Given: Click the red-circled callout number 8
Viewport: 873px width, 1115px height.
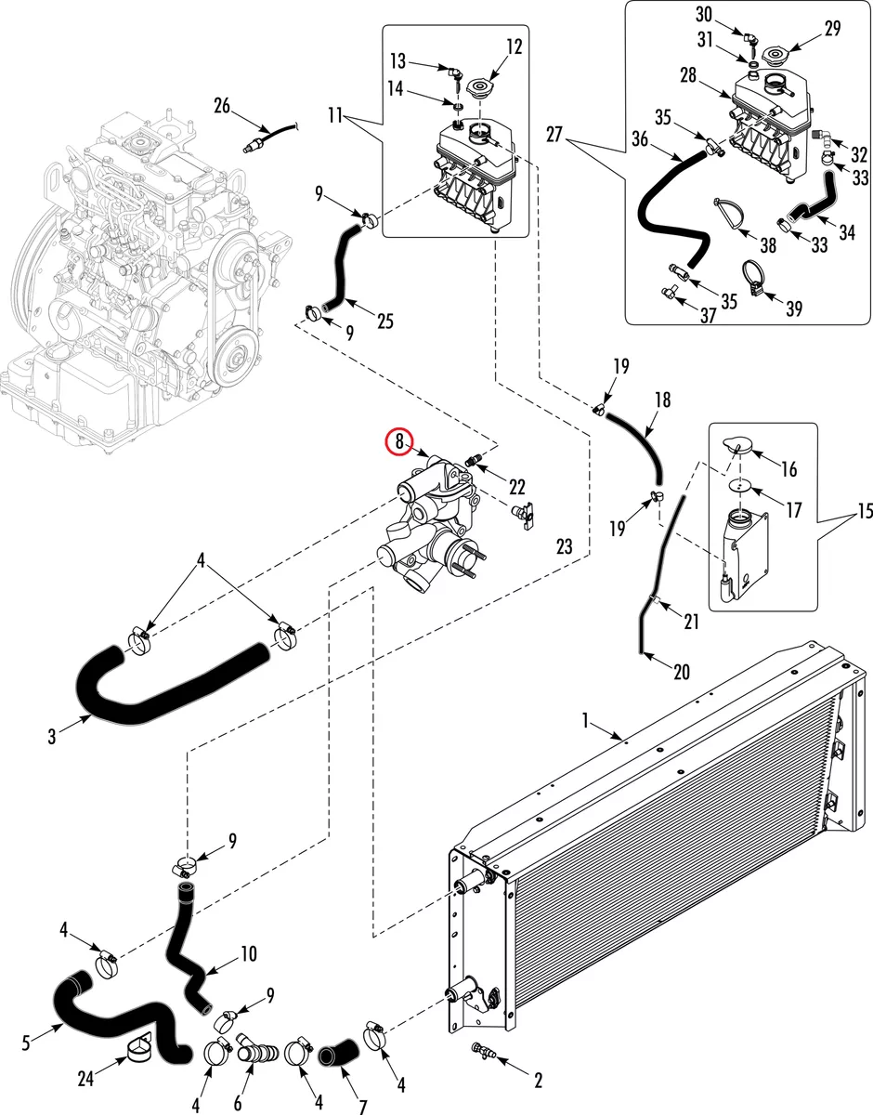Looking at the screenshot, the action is click(x=399, y=440).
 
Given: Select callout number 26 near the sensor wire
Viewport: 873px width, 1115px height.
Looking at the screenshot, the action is click(x=222, y=107).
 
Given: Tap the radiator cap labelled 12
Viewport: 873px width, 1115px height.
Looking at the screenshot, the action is click(x=480, y=85).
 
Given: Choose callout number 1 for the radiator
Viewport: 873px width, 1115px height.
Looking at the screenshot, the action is click(x=586, y=721).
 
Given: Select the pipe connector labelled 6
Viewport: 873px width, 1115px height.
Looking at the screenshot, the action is click(x=256, y=1049).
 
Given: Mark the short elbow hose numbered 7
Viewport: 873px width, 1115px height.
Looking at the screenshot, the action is click(x=337, y=1052).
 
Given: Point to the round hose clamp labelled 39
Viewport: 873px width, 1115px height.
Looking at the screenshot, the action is click(x=754, y=278).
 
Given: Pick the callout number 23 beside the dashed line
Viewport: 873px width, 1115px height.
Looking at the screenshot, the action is click(x=564, y=546).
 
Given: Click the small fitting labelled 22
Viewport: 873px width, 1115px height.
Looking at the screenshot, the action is click(x=473, y=459).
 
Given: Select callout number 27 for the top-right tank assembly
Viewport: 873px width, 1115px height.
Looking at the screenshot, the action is click(x=554, y=135).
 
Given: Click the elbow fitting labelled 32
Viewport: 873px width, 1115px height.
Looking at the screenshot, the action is click(x=822, y=138).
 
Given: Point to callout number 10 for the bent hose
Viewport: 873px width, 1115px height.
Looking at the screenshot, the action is click(x=249, y=954).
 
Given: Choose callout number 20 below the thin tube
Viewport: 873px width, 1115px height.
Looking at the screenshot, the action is click(x=682, y=672).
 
